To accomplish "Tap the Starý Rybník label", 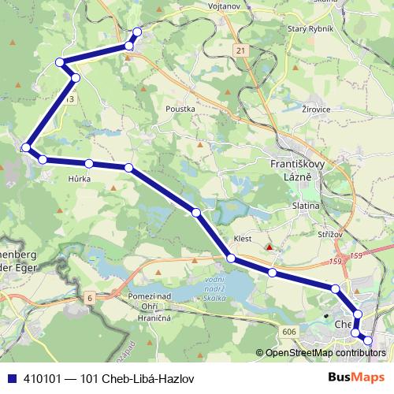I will tap(312, 29).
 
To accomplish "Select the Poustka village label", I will tap(180, 110).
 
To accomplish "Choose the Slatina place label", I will tap(305, 206).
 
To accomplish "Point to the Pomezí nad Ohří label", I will tap(143, 300).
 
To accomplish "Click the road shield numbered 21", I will tap(240, 50).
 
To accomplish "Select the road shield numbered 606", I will tap(289, 333).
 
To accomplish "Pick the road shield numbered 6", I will tap(90, 296).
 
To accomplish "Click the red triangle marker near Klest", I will tap(269, 247).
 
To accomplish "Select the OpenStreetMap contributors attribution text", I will tap(325, 353).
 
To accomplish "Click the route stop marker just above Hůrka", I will tap(89, 164).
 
